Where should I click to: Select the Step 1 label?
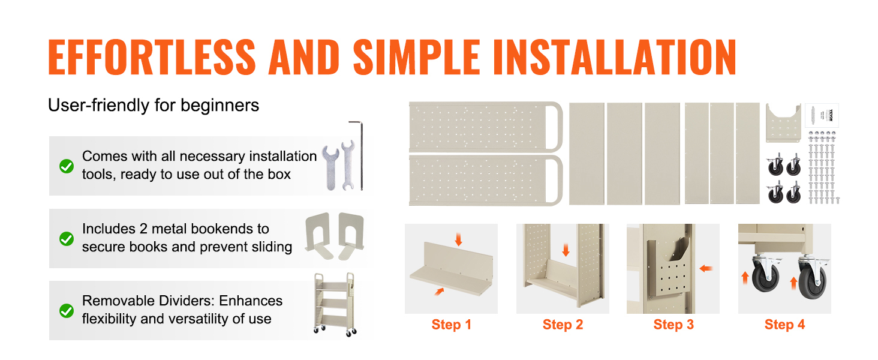coord(451,325)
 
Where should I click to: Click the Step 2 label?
coord(563,325)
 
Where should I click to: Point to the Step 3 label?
coord(673,325)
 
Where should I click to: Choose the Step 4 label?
coord(784,325)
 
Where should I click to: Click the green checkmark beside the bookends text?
coord(67,238)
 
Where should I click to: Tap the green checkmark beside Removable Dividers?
coord(67,311)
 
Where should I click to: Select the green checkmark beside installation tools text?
coord(67,166)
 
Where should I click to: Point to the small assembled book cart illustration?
coord(335,304)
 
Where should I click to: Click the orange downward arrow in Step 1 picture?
coord(458,239)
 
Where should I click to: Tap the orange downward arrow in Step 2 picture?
coord(566,250)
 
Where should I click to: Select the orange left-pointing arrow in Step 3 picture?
coord(706,269)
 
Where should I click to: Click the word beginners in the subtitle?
coord(220,106)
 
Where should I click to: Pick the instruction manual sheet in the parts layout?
coord(822,115)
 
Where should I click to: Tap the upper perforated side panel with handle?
coord(486,127)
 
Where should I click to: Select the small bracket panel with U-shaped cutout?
coord(783,123)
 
